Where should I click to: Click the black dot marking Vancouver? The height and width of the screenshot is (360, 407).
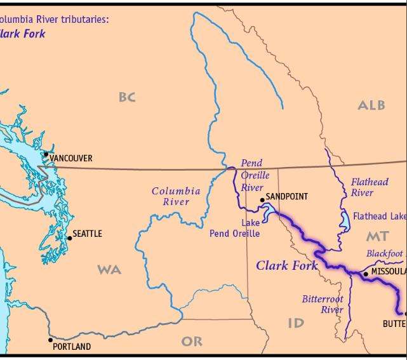pos(46,154)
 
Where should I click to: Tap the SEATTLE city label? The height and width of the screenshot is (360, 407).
pos(87,234)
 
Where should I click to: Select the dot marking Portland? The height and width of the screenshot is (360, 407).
pos(51,340)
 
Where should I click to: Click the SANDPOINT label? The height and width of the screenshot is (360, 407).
pos(286,196)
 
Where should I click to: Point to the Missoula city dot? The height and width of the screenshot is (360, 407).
pos(366,274)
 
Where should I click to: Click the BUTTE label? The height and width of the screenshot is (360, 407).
pos(394,324)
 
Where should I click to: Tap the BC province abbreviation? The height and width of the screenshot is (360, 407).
pos(127,97)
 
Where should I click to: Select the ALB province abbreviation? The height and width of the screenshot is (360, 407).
pos(371,105)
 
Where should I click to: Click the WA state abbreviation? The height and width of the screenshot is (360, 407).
pos(109,270)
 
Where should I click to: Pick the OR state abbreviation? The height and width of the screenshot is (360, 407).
pos(192,342)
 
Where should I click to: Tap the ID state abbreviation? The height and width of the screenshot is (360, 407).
pos(296,323)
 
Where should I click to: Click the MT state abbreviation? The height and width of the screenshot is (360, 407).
pos(377,237)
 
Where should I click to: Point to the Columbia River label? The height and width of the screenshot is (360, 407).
pos(176,196)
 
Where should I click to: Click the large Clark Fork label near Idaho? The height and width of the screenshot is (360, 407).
pos(286,265)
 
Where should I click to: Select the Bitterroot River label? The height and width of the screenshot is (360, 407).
pos(323,304)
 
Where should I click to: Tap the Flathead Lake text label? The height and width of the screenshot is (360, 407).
pos(379,217)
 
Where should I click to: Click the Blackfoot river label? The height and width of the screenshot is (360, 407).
pos(384,253)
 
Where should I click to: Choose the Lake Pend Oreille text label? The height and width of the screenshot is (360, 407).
pos(235,229)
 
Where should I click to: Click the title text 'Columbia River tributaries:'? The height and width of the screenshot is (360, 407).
pos(55,20)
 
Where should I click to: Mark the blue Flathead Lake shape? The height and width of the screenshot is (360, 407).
pos(345,220)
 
